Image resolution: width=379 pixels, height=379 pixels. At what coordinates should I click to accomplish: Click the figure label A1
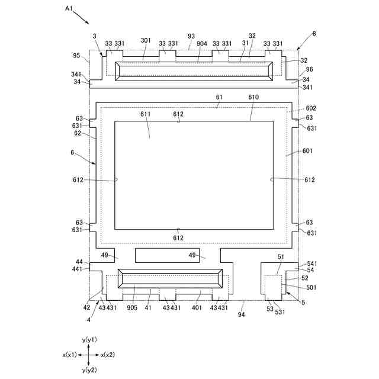coord(69,9)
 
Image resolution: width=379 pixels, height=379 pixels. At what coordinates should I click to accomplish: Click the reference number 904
coord(201,43)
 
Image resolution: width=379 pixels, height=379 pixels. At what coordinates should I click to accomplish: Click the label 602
coord(311,108)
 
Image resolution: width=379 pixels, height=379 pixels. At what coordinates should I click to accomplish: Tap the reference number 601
coord(307,151)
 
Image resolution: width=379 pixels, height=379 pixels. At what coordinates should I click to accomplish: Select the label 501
coord(311,288)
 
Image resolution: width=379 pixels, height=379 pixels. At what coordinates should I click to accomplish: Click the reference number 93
coord(191,36)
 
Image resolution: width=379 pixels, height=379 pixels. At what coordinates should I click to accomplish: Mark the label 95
coord(76,56)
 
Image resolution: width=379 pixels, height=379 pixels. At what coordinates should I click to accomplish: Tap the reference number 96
coord(310,69)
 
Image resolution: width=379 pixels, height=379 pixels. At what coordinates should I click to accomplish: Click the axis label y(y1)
coord(89,339)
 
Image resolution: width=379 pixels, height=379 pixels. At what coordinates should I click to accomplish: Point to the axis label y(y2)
coord(89,370)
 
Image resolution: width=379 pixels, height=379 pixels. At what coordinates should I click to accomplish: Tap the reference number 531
coord(281,312)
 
